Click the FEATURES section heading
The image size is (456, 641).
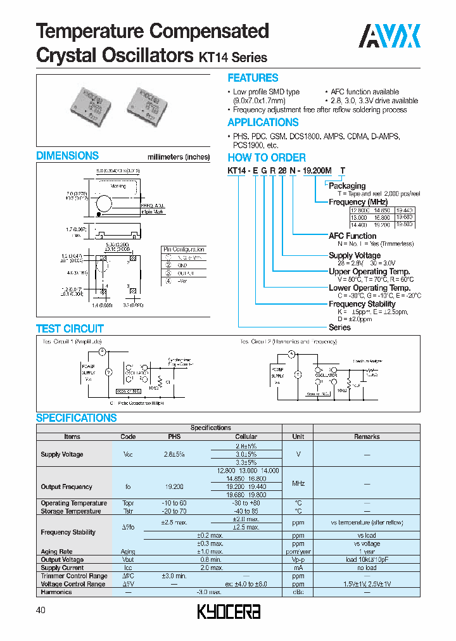[253, 78]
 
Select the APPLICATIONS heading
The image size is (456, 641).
[263, 122]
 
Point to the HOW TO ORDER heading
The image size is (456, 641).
[267, 158]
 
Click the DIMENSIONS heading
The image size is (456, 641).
[67, 156]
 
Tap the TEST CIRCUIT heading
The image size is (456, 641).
[70, 329]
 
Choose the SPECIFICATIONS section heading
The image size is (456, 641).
[76, 418]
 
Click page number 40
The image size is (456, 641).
[41, 610]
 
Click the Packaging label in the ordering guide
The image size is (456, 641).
[346, 186]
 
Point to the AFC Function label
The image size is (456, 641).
[352, 236]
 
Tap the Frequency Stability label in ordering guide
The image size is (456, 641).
[362, 304]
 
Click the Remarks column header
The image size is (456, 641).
[367, 436]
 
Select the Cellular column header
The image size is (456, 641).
[246, 436]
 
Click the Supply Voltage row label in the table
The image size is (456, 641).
[61, 455]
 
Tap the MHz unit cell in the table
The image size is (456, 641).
[298, 483]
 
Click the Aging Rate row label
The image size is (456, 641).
[57, 552]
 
